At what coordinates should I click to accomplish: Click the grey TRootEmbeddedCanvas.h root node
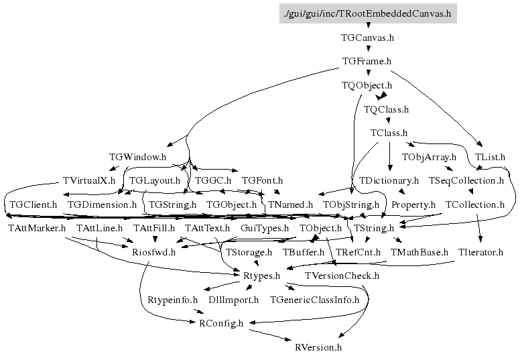[x=368, y=13]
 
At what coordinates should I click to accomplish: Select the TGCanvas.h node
[x=367, y=38]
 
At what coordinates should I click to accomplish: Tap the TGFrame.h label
[x=367, y=62]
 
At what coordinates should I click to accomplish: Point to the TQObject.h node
[x=367, y=85]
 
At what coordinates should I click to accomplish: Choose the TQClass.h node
[x=386, y=109]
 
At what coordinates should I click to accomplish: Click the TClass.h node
[x=389, y=133]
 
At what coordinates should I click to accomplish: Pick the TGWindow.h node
[x=137, y=157]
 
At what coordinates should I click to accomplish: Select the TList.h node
[x=490, y=157]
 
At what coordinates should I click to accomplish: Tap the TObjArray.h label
[x=429, y=157]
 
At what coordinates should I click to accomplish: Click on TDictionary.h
[x=389, y=181]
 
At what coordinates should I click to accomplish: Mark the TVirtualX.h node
[x=88, y=181]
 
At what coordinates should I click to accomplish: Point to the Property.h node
[x=413, y=204]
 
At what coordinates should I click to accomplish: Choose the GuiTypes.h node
[x=264, y=229]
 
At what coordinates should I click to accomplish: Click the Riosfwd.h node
[x=153, y=252]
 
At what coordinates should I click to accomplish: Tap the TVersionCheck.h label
[x=342, y=276]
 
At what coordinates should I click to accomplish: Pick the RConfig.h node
[x=221, y=323]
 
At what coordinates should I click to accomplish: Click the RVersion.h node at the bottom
[x=318, y=347]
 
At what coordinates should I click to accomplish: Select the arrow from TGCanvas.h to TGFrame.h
[x=367, y=50]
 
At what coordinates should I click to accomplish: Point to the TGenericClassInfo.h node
[x=314, y=300]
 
